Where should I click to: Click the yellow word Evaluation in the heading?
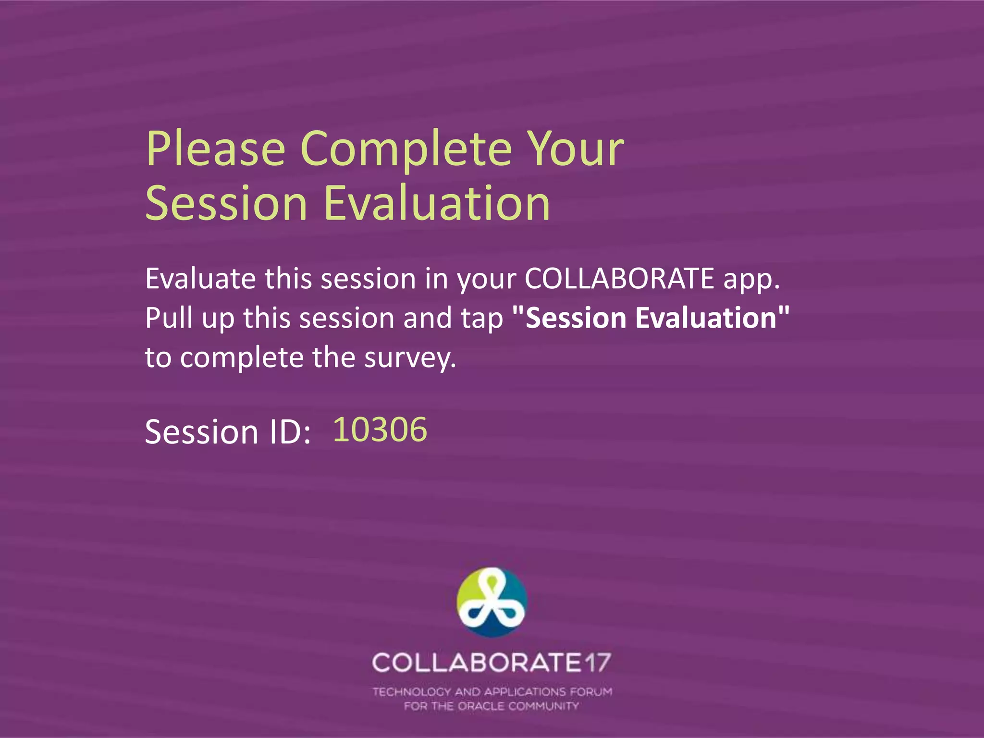(x=437, y=204)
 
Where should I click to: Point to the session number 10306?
(x=380, y=429)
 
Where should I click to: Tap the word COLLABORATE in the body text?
(x=619, y=278)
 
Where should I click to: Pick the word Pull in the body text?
(x=169, y=318)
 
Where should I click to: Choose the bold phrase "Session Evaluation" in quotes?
(x=651, y=318)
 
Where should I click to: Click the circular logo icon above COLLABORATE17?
(x=492, y=603)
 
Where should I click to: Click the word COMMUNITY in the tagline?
(x=543, y=706)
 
